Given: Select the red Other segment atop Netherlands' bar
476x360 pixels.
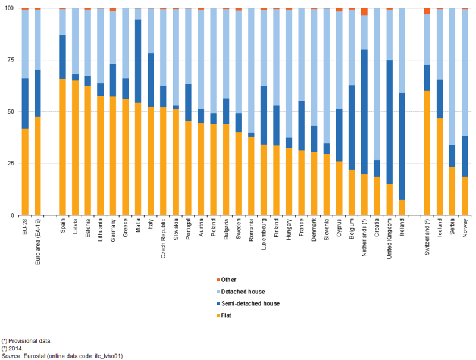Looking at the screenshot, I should [x=364, y=12].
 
